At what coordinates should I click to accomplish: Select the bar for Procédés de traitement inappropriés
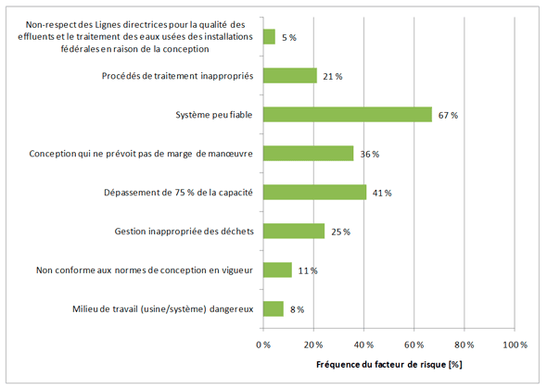coord(290,76)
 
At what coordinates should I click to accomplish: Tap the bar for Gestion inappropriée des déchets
coord(294,231)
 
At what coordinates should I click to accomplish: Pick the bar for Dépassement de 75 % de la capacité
coord(314,193)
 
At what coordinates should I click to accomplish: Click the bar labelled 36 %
coord(308,154)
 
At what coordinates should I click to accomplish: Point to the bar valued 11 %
coord(277,270)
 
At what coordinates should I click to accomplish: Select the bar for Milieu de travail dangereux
coord(273,309)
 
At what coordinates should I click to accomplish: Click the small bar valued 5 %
coord(270,37)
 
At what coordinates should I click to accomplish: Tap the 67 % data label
coord(449,116)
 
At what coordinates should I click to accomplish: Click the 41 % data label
coord(382,194)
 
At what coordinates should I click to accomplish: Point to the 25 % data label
coord(340,232)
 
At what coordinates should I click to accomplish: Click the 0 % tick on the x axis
coord(264,344)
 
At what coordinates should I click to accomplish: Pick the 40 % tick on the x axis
coord(364,344)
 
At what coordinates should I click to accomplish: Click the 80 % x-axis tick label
coord(464,344)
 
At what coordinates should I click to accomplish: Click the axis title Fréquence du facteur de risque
coord(388,364)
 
